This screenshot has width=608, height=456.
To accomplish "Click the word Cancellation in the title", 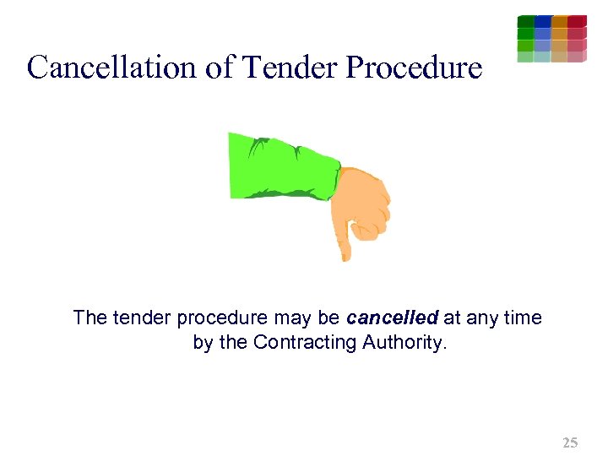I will pyautogui.click(x=110, y=67).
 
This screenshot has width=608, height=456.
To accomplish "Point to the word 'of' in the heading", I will pyautogui.click(x=219, y=67).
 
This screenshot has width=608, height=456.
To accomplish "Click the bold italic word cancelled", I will pyautogui.click(x=392, y=318).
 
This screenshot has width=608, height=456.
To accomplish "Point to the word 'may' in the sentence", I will pyautogui.click(x=293, y=319).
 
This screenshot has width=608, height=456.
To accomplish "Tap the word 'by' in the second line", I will pyautogui.click(x=203, y=343).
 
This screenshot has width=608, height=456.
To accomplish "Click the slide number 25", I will pyautogui.click(x=570, y=442).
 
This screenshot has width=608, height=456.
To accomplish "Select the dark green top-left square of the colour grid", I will pyautogui.click(x=525, y=21).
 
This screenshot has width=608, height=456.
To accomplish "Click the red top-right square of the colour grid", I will pyautogui.click(x=578, y=21).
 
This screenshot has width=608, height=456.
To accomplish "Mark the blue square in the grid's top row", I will pyautogui.click(x=543, y=21).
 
